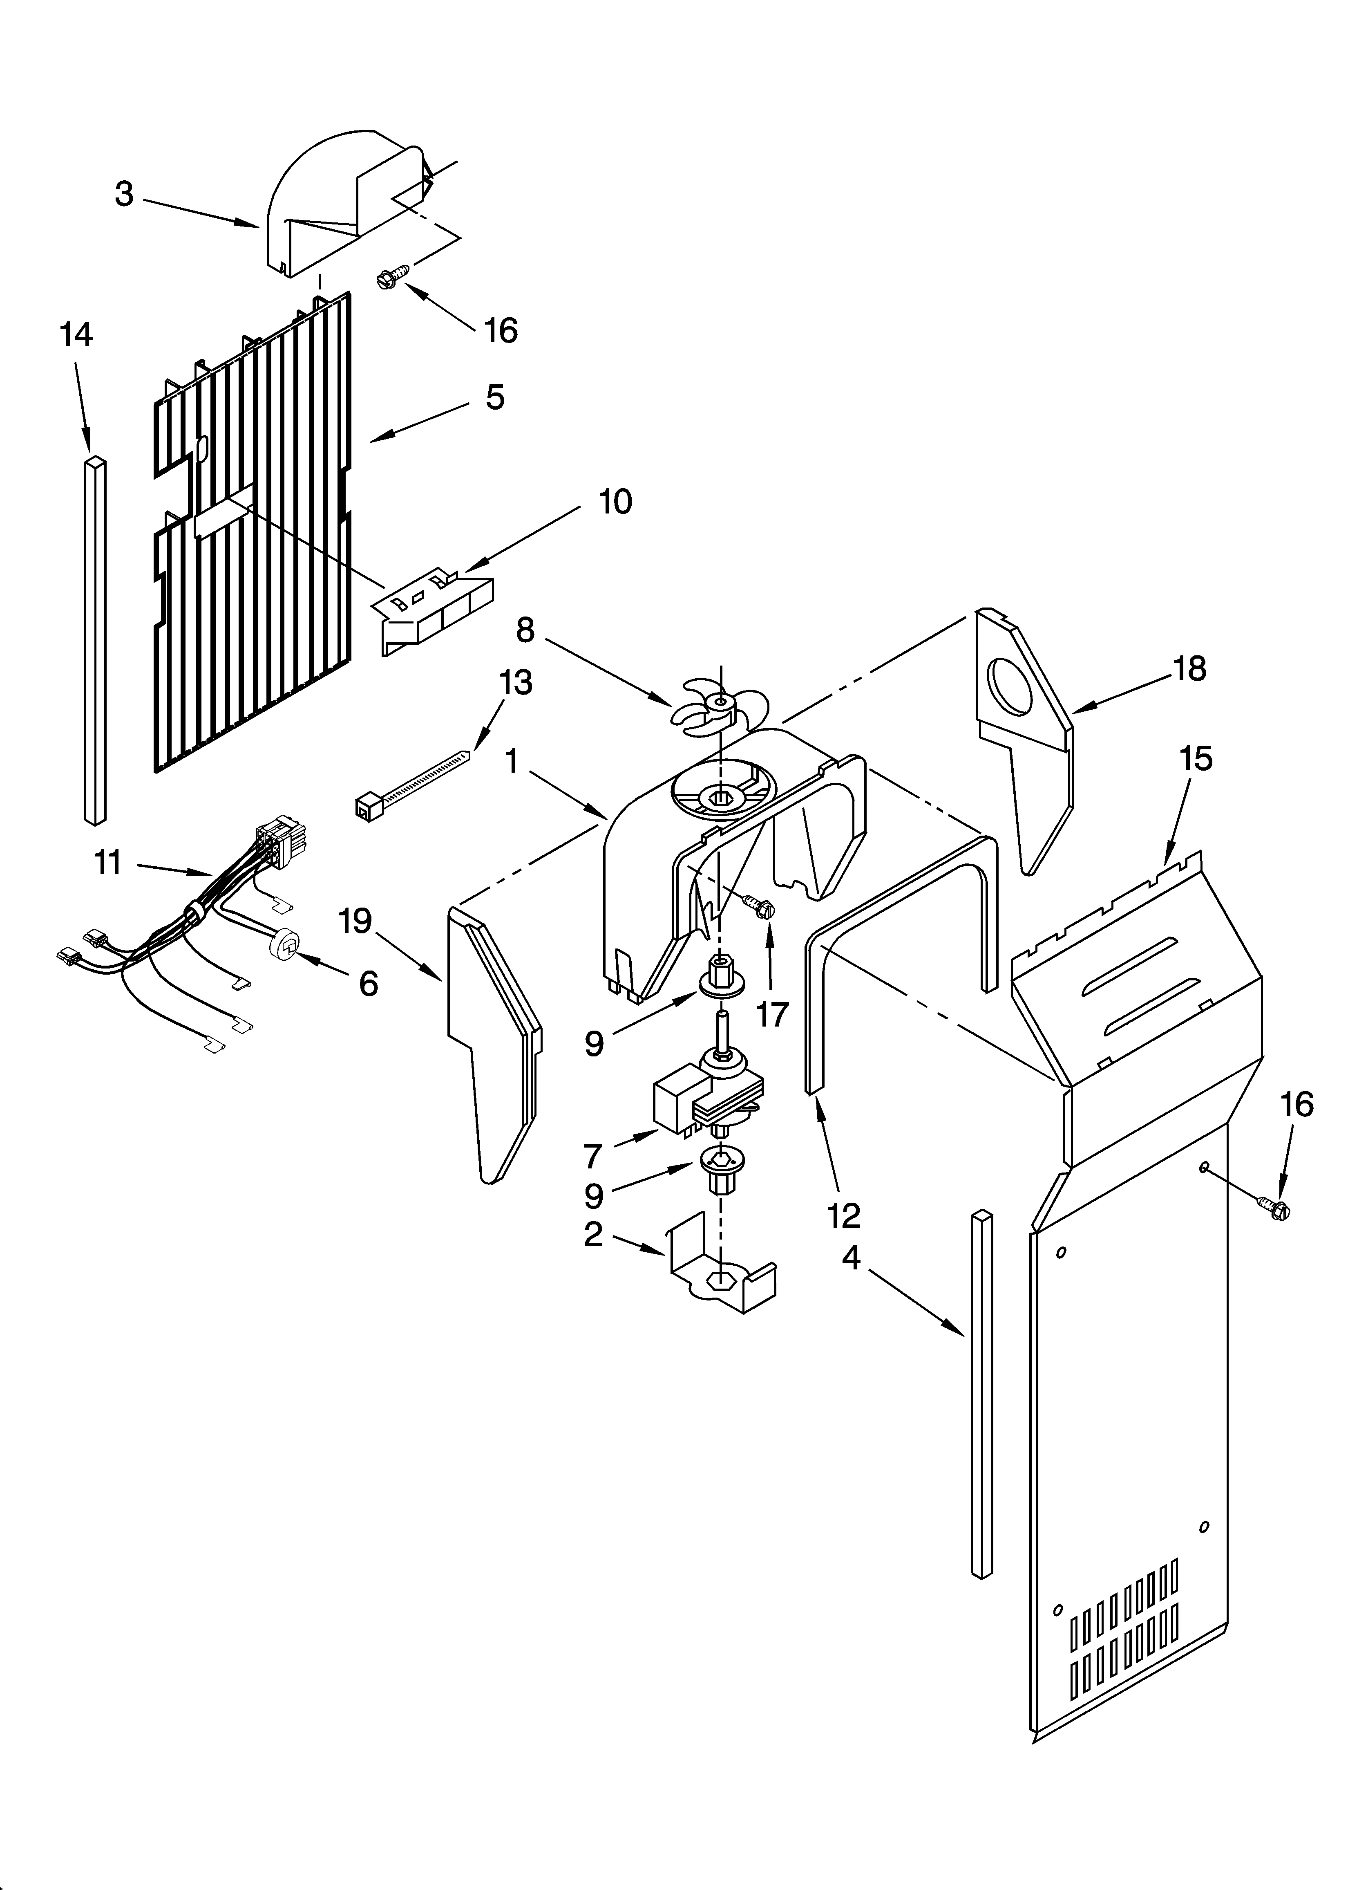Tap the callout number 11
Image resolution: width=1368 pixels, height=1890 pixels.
(108, 863)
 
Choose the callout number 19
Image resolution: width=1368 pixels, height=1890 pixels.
(355, 921)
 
